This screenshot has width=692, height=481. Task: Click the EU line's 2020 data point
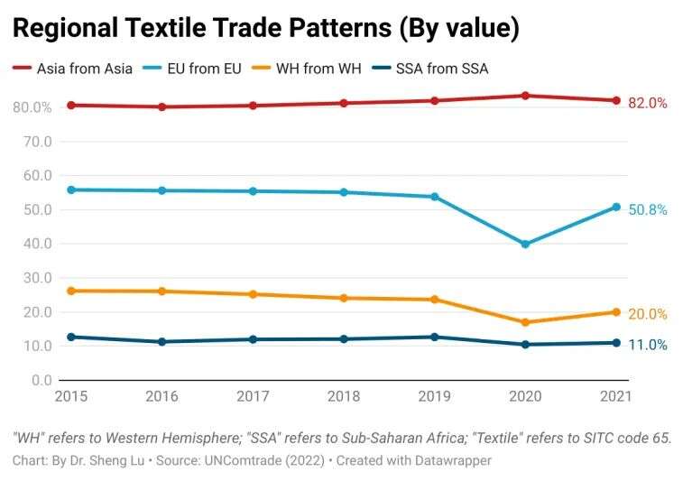point(525,244)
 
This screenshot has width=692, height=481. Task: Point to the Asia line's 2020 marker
point(525,96)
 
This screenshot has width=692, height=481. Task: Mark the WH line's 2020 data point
point(525,322)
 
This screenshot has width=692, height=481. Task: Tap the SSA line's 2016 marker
point(162,342)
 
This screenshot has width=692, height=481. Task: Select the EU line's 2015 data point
point(71,190)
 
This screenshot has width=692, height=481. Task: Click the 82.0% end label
point(648,104)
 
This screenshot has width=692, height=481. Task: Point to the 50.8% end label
point(648,209)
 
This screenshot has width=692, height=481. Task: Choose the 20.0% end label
point(648,314)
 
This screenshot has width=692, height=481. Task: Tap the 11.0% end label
point(648,345)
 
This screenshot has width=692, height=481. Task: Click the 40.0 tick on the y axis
point(33,244)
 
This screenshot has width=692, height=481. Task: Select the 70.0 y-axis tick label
point(33,142)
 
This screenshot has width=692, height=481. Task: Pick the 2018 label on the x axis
point(344,395)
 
